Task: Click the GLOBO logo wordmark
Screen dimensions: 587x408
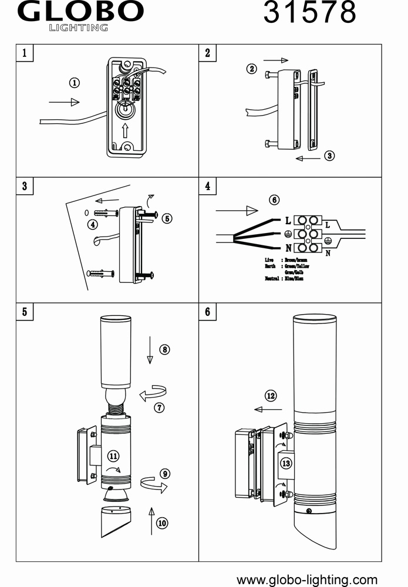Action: [81, 12]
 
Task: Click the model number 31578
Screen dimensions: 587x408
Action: [309, 12]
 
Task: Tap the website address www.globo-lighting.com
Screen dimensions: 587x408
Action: [307, 580]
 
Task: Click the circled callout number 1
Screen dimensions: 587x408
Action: [75, 83]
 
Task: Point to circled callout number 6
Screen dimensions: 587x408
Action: [274, 200]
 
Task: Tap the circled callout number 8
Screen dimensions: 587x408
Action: [165, 349]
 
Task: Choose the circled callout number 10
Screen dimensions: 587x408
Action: [163, 522]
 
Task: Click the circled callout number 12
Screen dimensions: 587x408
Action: [271, 396]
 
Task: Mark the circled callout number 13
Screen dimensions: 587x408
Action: [286, 463]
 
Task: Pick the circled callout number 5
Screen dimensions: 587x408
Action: [167, 218]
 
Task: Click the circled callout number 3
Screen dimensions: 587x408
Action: [329, 156]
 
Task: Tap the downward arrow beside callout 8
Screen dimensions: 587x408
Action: [150, 350]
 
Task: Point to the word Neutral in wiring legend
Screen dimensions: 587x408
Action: [271, 278]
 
